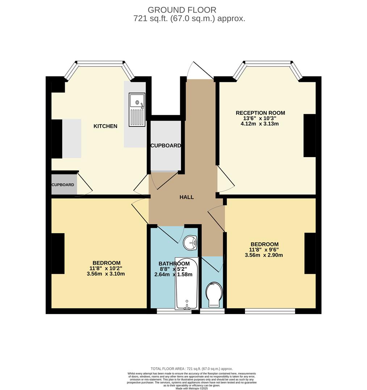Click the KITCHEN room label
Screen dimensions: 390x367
coord(105,126)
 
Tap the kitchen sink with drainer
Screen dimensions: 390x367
coord(137,110)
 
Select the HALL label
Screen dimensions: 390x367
coord(187,197)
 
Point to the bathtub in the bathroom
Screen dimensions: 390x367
coord(187,283)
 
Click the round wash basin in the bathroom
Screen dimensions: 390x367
coord(190,243)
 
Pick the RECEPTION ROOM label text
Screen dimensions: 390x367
coord(260,113)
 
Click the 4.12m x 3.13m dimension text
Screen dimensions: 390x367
coord(260,124)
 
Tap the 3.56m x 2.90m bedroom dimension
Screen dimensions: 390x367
coord(263,255)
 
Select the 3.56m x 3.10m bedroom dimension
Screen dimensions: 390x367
coord(106,274)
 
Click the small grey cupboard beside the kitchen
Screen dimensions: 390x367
coord(64,185)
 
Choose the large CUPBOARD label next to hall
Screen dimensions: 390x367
coord(166,146)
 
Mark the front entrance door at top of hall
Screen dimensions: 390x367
coord(194,70)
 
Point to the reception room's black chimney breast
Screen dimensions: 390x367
coord(309,135)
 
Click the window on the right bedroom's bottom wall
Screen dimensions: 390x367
coord(270,311)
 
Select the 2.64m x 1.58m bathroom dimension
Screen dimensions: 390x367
coord(173,274)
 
